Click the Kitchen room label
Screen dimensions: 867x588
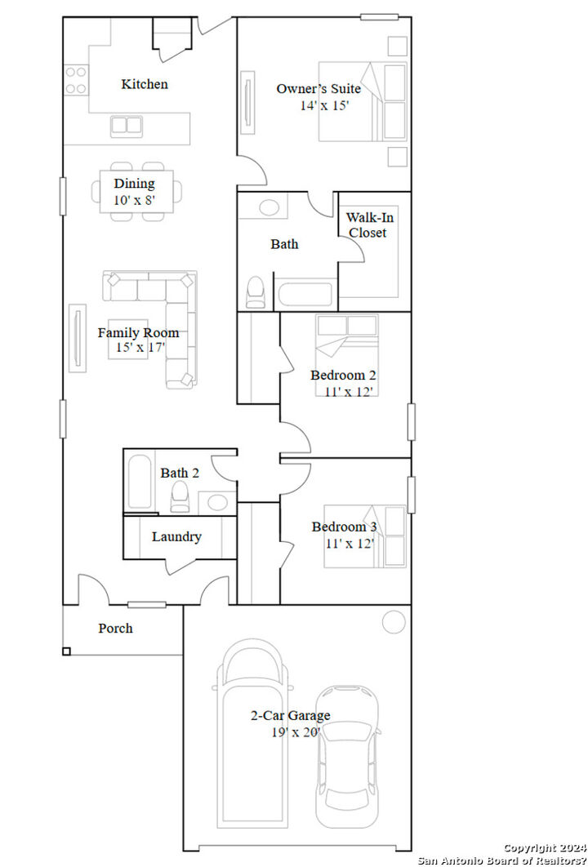[x=145, y=84]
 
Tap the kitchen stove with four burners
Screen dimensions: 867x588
[x=76, y=80]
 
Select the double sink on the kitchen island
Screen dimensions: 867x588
[x=127, y=125]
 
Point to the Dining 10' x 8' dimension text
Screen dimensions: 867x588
[x=134, y=198]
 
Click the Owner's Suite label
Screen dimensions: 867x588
[x=318, y=89]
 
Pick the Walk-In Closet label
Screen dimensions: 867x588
[x=367, y=225]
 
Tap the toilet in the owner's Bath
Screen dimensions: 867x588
[x=256, y=291]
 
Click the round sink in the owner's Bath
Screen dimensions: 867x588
[x=269, y=207]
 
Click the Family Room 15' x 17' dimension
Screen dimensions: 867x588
[x=140, y=348]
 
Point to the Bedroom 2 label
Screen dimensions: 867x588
[x=343, y=376]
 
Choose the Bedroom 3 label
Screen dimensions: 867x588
[x=344, y=527]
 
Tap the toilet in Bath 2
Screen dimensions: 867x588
[x=180, y=496]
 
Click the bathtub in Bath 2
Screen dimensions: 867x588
[x=140, y=483]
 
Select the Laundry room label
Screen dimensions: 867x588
[x=176, y=537]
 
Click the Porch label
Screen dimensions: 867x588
[x=115, y=629]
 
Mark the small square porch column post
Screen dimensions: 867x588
[x=66, y=651]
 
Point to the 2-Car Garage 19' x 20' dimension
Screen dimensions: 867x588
[x=290, y=732]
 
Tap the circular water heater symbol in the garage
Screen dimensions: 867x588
[x=394, y=622]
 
